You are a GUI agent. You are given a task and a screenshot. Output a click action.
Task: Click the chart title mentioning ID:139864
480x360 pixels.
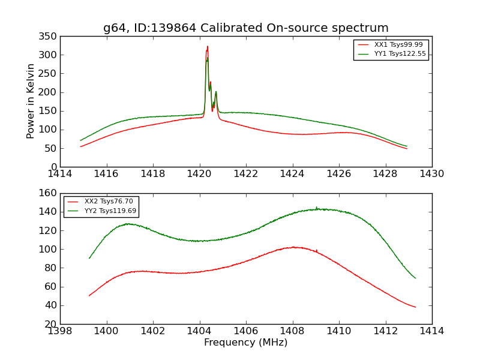point(245,28)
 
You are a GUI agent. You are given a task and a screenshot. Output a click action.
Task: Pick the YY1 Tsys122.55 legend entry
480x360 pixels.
point(400,53)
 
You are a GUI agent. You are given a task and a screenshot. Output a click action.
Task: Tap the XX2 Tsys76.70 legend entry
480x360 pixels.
point(109,202)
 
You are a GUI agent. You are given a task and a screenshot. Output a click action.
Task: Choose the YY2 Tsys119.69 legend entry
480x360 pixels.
point(110,211)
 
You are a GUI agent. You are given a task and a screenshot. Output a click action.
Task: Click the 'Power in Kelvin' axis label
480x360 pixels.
point(31,101)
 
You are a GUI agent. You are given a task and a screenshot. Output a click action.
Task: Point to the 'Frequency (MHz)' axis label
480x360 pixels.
point(245,343)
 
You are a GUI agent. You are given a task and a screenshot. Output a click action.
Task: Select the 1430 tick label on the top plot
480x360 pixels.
point(431,173)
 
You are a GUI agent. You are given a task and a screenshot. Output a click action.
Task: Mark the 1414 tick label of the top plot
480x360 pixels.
point(61,173)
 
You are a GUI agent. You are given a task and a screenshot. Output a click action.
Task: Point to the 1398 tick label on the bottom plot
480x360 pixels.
point(61,331)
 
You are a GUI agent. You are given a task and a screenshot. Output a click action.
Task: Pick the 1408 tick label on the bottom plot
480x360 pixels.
point(292,331)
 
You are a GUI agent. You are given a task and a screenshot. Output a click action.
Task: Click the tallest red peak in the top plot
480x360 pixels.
point(208,47)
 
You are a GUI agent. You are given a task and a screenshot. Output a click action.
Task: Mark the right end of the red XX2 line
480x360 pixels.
point(415,307)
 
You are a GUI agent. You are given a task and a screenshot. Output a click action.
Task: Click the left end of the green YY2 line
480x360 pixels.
point(89,258)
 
